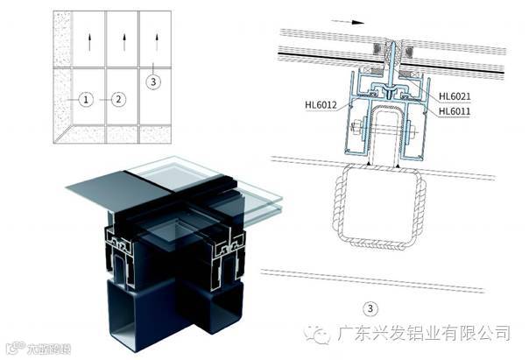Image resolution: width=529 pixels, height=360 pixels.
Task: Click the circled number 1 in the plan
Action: pyautogui.click(x=85, y=100)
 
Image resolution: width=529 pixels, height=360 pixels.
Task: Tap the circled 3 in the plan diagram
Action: pyautogui.click(x=153, y=82)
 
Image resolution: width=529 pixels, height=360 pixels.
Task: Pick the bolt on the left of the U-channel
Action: pyautogui.click(x=358, y=131)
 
